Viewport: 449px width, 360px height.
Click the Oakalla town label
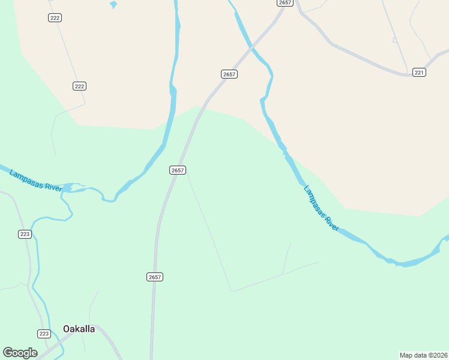79,329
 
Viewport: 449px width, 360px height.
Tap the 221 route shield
419,73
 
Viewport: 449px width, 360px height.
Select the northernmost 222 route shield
55,18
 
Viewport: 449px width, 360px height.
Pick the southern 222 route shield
79,86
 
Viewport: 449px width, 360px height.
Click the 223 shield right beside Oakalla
43,334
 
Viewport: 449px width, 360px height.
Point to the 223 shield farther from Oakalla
25,235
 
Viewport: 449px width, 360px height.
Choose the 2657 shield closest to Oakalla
154,277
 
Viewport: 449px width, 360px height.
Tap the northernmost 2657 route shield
285,3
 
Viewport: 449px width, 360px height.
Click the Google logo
20,353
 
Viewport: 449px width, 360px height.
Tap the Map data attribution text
423,355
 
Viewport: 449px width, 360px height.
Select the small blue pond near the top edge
113,5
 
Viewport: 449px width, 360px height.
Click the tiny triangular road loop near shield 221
395,40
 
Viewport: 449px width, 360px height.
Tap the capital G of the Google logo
8,353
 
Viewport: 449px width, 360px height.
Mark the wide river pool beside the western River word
68,188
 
